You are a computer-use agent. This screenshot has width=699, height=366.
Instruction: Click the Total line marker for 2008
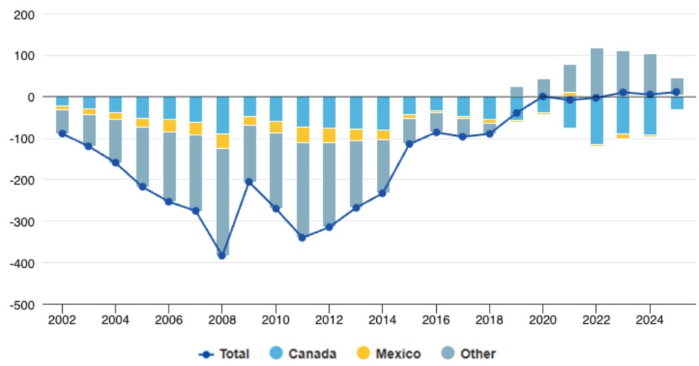pyautogui.click(x=222, y=255)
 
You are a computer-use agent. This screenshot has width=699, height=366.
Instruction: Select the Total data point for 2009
pyautogui.click(x=249, y=182)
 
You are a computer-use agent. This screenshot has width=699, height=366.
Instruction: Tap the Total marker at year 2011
pyautogui.click(x=302, y=238)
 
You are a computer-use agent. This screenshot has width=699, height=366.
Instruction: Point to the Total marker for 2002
pyautogui.click(x=62, y=133)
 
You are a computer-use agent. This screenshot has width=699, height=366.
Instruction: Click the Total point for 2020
pyautogui.click(x=543, y=97)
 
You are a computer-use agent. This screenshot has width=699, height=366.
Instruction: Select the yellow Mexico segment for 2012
pyautogui.click(x=329, y=135)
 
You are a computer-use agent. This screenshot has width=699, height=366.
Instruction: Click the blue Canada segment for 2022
pyautogui.click(x=597, y=120)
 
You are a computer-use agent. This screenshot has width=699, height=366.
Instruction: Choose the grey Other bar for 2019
pyautogui.click(x=517, y=91)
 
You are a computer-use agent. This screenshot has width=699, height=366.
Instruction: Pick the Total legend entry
pyautogui.click(x=225, y=354)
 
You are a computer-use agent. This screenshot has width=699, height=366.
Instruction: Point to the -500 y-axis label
pyautogui.click(x=23, y=305)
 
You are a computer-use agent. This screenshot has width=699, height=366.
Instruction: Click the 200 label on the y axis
pyautogui.click(x=26, y=14)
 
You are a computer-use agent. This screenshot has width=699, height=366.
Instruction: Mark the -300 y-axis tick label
pyautogui.click(x=23, y=221)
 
